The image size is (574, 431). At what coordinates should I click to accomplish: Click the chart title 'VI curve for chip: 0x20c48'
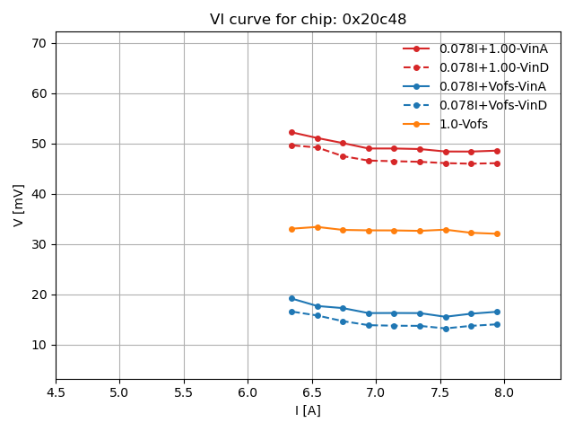(308, 20)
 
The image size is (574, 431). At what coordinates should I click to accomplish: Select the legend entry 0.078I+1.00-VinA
(492, 48)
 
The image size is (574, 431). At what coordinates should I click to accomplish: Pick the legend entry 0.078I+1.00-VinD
(492, 67)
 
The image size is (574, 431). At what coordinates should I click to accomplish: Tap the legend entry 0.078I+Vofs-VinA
(492, 86)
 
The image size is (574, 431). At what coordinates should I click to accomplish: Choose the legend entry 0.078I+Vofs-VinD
(492, 105)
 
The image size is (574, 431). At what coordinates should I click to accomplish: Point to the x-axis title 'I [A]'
(308, 410)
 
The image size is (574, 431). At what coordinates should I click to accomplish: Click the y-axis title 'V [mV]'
(19, 205)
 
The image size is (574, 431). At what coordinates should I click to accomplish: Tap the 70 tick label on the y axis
(39, 43)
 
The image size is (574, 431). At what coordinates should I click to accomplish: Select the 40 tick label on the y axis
(39, 194)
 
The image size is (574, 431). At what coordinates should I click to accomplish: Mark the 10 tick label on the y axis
(39, 345)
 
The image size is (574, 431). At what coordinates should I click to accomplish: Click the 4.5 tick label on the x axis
(56, 392)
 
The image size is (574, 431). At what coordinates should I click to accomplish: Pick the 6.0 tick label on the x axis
(248, 392)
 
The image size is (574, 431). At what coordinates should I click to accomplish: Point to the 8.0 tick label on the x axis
(504, 392)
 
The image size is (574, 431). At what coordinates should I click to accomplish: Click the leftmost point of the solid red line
(291, 132)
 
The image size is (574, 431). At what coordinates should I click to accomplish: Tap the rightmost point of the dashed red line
(497, 163)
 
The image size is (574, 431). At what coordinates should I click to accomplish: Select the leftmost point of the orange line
(291, 229)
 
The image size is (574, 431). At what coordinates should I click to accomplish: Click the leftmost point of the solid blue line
(291, 298)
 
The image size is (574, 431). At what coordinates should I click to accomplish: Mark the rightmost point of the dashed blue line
(497, 324)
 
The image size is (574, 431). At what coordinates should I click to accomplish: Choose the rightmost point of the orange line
(497, 233)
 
